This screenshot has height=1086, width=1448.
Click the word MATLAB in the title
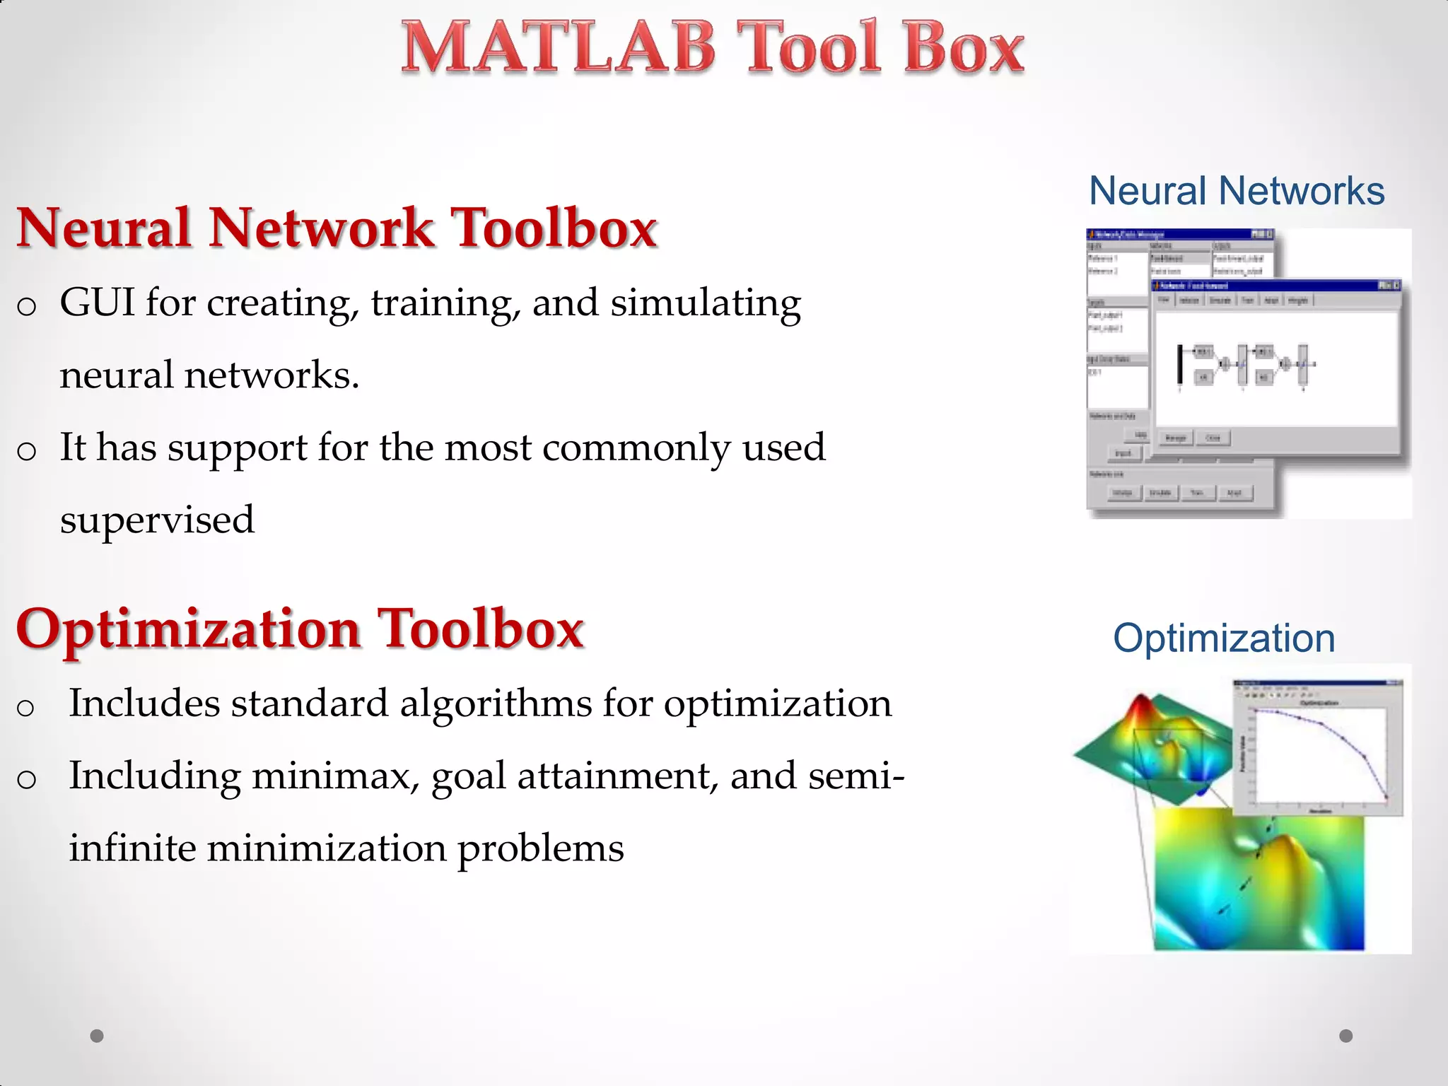(559, 48)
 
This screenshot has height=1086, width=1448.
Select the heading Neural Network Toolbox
(337, 228)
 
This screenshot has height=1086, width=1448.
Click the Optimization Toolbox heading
(300, 629)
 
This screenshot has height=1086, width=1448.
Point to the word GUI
(97, 303)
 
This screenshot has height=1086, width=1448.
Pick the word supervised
(157, 520)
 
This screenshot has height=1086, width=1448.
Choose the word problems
(541, 849)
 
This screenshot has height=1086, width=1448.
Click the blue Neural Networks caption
(1237, 191)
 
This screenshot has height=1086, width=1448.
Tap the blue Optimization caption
(1224, 638)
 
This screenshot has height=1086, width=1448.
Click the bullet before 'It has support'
(26, 450)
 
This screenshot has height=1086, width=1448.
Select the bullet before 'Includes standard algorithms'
(26, 707)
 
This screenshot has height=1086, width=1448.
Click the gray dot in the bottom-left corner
(97, 1036)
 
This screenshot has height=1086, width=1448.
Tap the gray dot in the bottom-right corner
(1346, 1036)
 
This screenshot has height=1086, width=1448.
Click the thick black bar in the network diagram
(1179, 365)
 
